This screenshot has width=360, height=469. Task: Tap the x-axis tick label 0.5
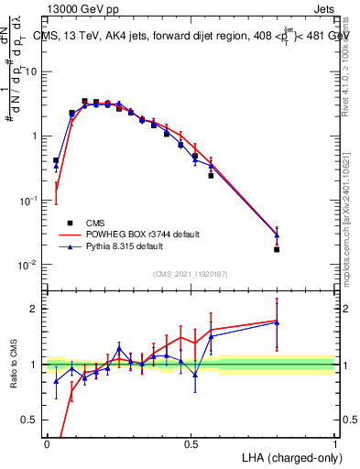tap(191, 443)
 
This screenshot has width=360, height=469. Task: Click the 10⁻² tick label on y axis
tap(26, 265)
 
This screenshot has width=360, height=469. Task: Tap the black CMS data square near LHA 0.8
tap(277, 249)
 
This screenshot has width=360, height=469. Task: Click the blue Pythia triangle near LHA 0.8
tap(277, 234)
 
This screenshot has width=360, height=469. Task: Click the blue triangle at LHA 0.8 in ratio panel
tap(277, 322)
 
